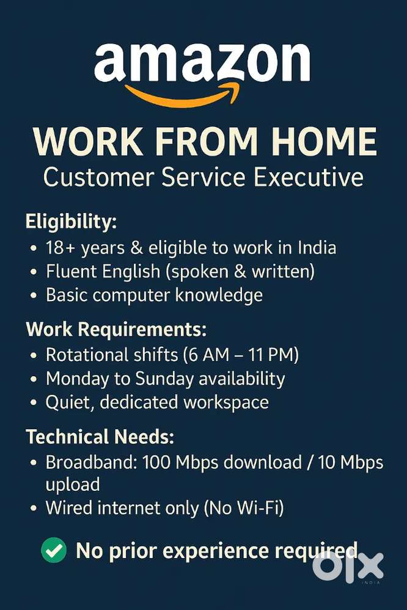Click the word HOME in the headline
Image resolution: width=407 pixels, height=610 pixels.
[x=324, y=142]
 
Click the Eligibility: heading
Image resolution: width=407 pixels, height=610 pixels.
[x=71, y=222]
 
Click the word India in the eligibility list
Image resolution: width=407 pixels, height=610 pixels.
[x=317, y=248]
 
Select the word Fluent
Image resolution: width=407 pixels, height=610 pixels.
[x=69, y=272]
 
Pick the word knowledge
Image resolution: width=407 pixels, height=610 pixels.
[x=219, y=296]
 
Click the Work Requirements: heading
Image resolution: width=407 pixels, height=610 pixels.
[x=116, y=330]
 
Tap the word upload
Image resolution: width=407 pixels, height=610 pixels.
[x=73, y=484]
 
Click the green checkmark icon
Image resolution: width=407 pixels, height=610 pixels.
[x=54, y=551]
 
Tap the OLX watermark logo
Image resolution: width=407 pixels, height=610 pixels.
[x=349, y=567]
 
